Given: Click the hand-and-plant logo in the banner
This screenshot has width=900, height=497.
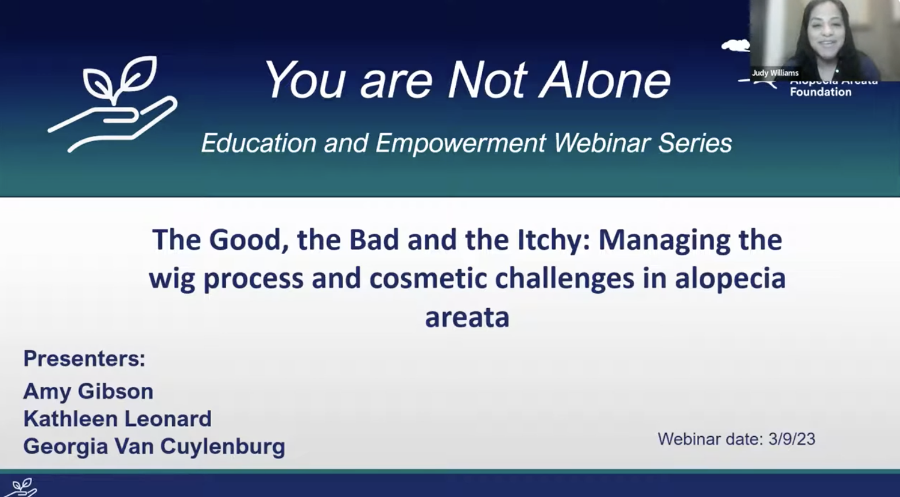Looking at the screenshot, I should [x=113, y=103].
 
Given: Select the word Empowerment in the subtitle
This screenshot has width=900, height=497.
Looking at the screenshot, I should [x=460, y=143].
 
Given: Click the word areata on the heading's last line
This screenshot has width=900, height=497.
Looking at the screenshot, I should [x=467, y=317].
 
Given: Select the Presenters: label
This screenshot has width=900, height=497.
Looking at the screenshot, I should [x=84, y=359].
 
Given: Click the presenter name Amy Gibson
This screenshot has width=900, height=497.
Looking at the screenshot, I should [x=88, y=391].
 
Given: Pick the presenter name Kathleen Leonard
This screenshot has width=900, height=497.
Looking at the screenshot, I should [x=118, y=419].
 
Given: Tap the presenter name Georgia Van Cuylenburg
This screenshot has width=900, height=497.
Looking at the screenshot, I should [x=154, y=446].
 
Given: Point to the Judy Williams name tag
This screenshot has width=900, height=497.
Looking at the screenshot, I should [x=775, y=73].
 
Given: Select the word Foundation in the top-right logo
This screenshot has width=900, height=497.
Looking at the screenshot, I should [x=820, y=92].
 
